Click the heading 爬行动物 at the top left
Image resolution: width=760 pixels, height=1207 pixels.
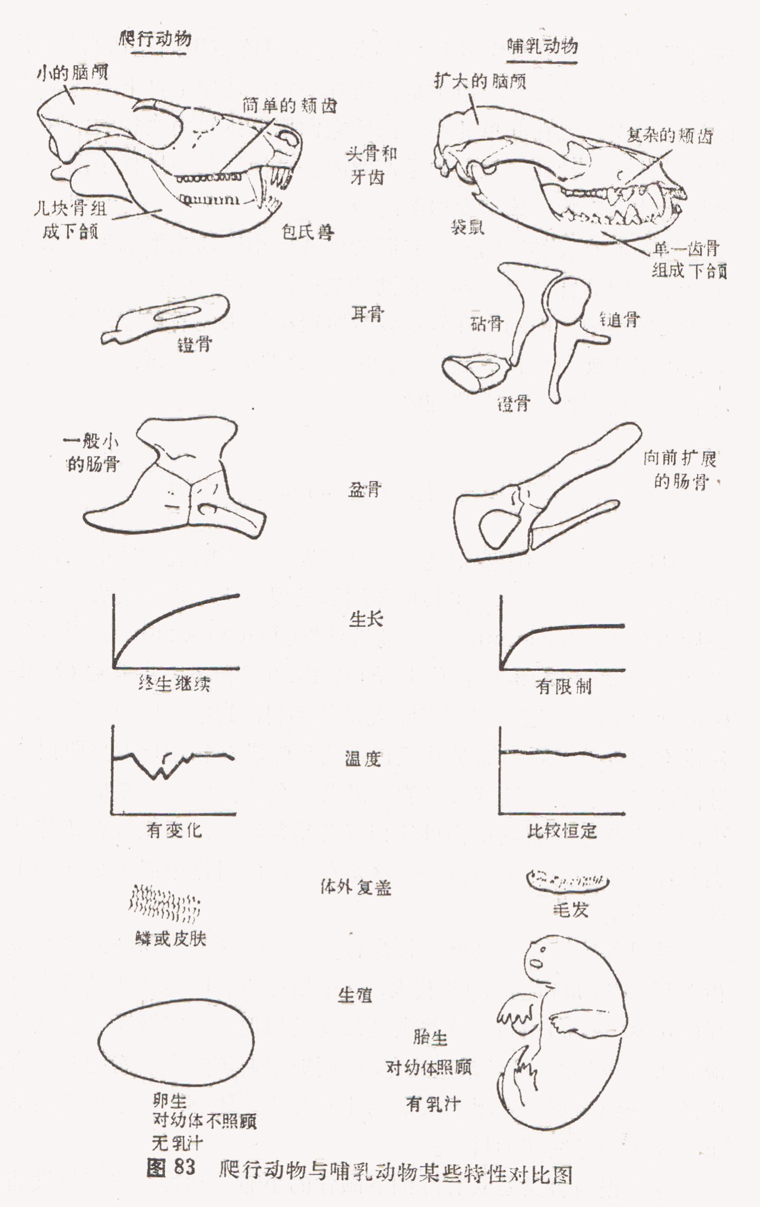point(155,40)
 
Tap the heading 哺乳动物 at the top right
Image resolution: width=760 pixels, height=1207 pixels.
point(542,46)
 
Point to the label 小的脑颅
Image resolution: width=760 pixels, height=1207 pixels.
point(72,74)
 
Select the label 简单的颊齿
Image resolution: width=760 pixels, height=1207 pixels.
point(290,106)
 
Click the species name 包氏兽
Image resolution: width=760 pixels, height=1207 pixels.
point(308,232)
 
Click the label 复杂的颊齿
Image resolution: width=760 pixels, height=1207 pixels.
point(670,136)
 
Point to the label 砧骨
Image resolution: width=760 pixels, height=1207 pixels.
point(486,323)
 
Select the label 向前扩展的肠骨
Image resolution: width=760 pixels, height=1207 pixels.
point(680,469)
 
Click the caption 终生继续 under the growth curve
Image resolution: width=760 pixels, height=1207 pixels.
point(174,684)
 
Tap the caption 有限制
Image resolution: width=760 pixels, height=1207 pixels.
point(563,687)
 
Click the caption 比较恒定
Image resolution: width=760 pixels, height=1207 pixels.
point(562,830)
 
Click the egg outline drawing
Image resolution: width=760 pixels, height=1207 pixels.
point(176,1043)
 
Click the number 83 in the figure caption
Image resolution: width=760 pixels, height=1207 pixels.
point(185,1167)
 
